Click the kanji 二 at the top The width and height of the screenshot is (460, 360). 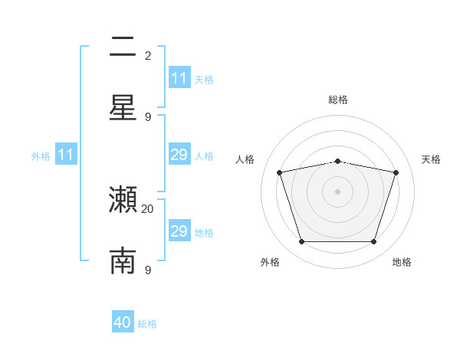[x=123, y=48]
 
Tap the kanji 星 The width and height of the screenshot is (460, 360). [x=123, y=106]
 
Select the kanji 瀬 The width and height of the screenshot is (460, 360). [x=123, y=201]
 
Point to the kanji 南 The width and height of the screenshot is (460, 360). [x=123, y=260]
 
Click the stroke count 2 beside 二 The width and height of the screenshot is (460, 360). [x=148, y=55]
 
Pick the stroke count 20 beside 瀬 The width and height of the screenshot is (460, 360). [x=148, y=208]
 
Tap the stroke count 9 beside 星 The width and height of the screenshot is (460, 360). [x=148, y=116]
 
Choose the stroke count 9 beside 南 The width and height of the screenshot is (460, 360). [x=148, y=270]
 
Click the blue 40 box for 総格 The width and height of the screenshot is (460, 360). [x=123, y=322]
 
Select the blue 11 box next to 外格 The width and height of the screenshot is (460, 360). [x=66, y=155]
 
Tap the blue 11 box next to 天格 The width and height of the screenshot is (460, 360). [x=179, y=78]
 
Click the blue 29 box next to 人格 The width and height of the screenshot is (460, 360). [x=179, y=155]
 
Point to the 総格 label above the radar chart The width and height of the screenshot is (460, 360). [x=338, y=100]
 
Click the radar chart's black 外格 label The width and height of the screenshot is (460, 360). [x=270, y=262]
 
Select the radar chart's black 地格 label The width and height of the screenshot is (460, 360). [x=402, y=262]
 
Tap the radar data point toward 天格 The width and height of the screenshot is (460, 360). [x=396, y=172]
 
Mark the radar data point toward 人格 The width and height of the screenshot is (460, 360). [x=280, y=172]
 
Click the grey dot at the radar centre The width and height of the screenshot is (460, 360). [x=337, y=191]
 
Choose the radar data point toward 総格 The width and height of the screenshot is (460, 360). [x=338, y=161]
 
